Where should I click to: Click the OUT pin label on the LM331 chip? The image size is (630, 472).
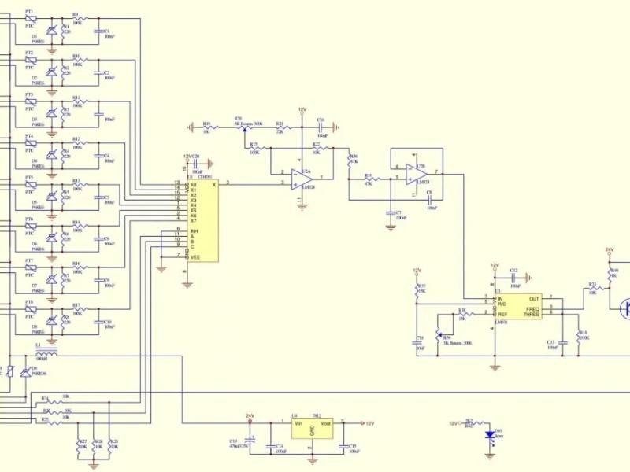[535, 299]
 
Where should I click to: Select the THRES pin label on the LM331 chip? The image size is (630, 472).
[532, 314]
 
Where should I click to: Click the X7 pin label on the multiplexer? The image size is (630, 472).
[193, 221]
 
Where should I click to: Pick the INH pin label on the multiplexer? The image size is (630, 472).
[194, 231]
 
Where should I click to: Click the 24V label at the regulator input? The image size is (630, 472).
[250, 415]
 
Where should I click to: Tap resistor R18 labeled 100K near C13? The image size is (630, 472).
[577, 334]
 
